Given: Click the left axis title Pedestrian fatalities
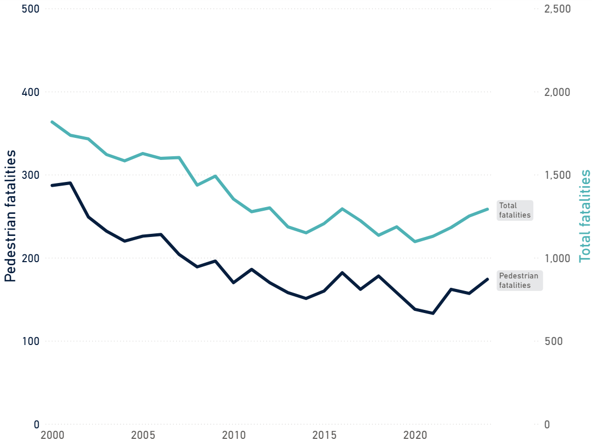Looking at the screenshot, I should [x=10, y=216].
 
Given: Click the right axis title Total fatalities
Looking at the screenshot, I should [x=585, y=216].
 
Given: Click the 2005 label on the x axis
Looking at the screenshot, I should [x=143, y=435].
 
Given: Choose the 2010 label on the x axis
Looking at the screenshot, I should [x=233, y=435].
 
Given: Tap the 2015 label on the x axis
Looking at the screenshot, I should [x=324, y=435].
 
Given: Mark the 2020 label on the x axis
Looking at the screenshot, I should [x=415, y=435].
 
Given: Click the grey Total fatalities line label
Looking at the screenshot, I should [x=514, y=210].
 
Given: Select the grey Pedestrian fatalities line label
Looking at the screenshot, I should [x=519, y=281].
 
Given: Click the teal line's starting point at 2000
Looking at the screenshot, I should [x=52, y=122].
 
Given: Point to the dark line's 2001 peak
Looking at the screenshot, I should [x=70, y=183].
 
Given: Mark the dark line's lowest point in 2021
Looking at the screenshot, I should [x=433, y=314].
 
